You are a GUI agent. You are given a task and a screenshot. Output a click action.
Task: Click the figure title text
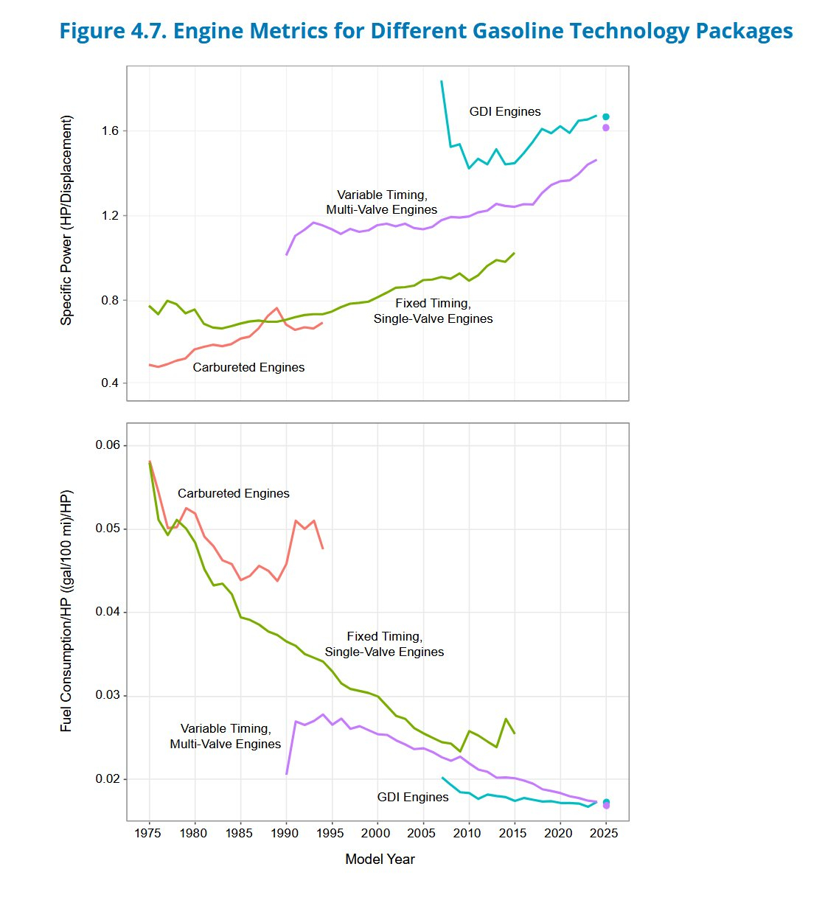click(425, 31)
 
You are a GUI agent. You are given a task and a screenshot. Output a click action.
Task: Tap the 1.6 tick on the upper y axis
click(110, 131)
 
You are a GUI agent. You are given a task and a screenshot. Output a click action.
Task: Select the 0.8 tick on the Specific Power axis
click(110, 301)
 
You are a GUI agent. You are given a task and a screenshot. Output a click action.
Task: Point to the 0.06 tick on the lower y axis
click(107, 445)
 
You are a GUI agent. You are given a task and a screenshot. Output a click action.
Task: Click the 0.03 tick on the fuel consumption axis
click(107, 696)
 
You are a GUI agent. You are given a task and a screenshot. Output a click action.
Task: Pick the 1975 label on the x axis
click(150, 833)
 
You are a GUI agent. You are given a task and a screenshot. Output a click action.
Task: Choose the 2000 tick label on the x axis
click(377, 833)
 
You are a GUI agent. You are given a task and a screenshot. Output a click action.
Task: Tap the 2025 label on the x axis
click(605, 833)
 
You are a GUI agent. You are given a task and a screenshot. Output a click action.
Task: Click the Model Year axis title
click(380, 860)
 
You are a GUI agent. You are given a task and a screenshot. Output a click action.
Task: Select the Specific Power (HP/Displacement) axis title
click(67, 220)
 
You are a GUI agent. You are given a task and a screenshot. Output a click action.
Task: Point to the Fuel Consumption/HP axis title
click(67, 610)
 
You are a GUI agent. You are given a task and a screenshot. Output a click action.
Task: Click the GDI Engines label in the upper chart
click(505, 112)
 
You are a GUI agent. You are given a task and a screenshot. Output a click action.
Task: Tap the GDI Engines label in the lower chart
click(413, 798)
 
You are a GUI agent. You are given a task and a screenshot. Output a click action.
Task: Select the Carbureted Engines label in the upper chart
click(248, 368)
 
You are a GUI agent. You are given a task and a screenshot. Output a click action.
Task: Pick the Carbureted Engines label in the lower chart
click(234, 494)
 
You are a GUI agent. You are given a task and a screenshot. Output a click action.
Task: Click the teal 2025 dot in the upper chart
click(606, 116)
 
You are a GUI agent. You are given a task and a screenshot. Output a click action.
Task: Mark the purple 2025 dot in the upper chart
click(606, 128)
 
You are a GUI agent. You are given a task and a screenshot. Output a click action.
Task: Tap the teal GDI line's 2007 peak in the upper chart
click(442, 82)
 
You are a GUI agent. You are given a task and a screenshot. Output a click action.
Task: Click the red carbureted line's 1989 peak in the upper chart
click(276, 308)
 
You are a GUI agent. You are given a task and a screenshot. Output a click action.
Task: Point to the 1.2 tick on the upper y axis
click(110, 216)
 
